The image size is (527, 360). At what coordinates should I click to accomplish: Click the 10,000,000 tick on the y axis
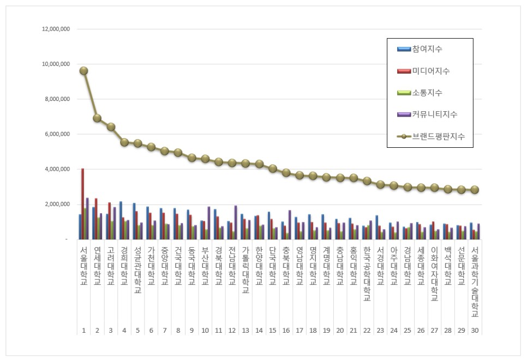(x=55, y=64)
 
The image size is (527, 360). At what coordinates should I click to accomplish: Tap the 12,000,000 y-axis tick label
(x=55, y=29)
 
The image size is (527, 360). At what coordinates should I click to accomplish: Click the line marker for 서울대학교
(x=83, y=71)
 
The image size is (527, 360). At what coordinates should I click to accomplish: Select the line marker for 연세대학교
(x=97, y=118)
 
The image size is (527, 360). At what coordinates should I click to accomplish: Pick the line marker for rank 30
(x=475, y=190)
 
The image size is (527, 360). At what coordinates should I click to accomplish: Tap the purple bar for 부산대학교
(x=209, y=223)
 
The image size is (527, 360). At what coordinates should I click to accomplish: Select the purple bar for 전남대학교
(x=236, y=222)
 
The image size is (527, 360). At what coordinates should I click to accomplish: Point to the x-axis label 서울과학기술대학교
(x=475, y=281)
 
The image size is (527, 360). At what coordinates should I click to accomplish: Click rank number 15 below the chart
(x=272, y=331)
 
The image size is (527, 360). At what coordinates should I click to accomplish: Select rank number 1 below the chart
(x=83, y=331)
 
